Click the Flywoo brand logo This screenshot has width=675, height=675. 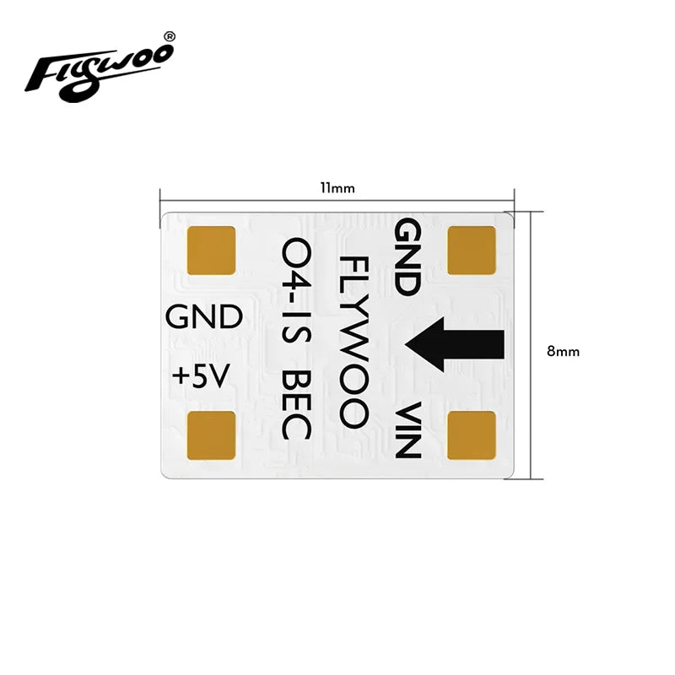tap(99, 67)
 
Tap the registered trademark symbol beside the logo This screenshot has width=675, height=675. tap(169, 37)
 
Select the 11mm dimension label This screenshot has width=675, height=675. tap(337, 188)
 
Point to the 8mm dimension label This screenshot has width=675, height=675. tap(563, 351)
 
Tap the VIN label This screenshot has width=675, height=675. tap(408, 431)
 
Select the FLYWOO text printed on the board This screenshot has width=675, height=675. tap(352, 339)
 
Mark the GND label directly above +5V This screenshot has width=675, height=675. tap(204, 317)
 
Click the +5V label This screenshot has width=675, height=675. tap(200, 376)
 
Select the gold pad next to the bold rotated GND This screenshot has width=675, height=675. tap(472, 251)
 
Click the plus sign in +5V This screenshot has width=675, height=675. tap(180, 377)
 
